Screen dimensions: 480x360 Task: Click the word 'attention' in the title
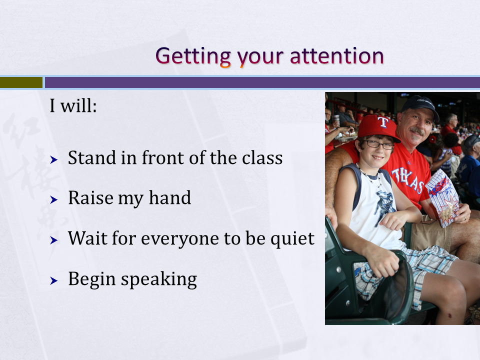[x=336, y=56]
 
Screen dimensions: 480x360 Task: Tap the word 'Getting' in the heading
[x=193, y=57]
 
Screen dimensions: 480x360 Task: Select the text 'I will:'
[x=73, y=106]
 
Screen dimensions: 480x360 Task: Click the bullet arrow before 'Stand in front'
[x=54, y=159]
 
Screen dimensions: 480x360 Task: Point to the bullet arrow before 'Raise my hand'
[x=54, y=200]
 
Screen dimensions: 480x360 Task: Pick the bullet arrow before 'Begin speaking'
[x=54, y=280]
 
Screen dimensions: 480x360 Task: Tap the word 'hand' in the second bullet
[x=170, y=198]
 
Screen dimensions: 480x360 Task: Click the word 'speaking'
[x=159, y=280]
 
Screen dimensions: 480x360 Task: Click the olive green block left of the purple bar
[x=21, y=82]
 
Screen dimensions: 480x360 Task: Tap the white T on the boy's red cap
[x=382, y=122]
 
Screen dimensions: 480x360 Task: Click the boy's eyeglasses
[x=378, y=144]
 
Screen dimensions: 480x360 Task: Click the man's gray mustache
[x=416, y=131]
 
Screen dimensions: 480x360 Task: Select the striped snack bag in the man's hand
[x=442, y=199]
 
